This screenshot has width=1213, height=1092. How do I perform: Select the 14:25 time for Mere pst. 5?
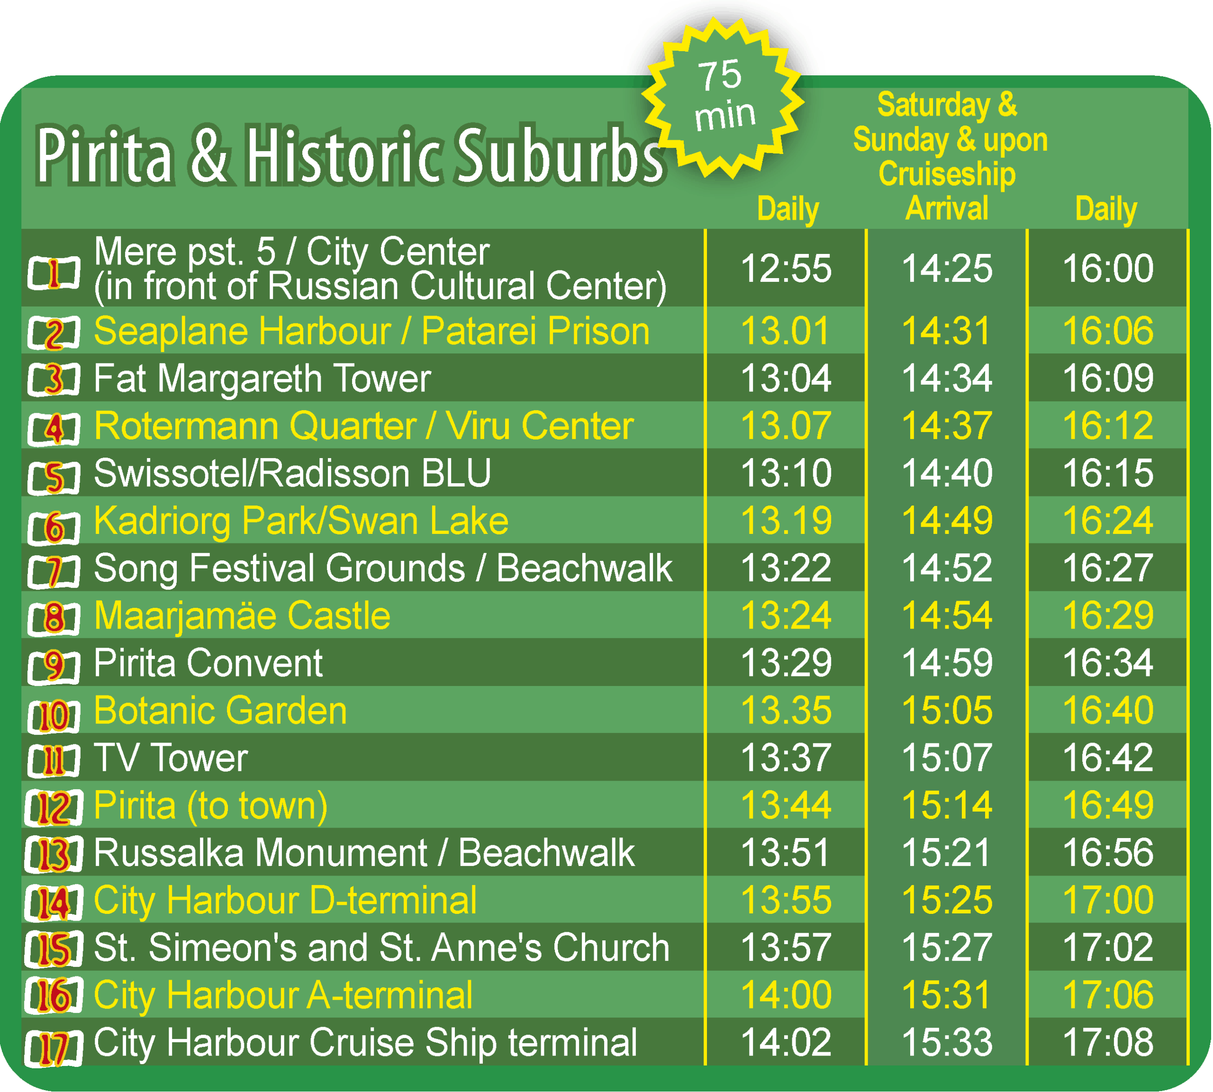pyautogui.click(x=948, y=268)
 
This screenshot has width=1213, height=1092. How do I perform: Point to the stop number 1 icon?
pyautogui.click(x=54, y=273)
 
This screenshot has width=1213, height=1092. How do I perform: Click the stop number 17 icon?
pyautogui.click(x=54, y=1047)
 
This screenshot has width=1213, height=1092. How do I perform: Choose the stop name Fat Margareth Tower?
pyautogui.click(x=263, y=379)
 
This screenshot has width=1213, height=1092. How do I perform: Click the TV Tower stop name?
pyautogui.click(x=171, y=758)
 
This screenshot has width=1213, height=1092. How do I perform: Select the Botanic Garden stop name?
pyautogui.click(x=221, y=711)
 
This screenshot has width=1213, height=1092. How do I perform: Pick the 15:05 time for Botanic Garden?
pyautogui.click(x=948, y=711)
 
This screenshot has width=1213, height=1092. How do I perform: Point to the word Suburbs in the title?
pyautogui.click(x=560, y=155)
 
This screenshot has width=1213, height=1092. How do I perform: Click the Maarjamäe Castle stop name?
pyautogui.click(x=243, y=616)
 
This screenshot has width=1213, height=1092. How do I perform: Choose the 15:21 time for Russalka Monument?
pyautogui.click(x=948, y=853)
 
